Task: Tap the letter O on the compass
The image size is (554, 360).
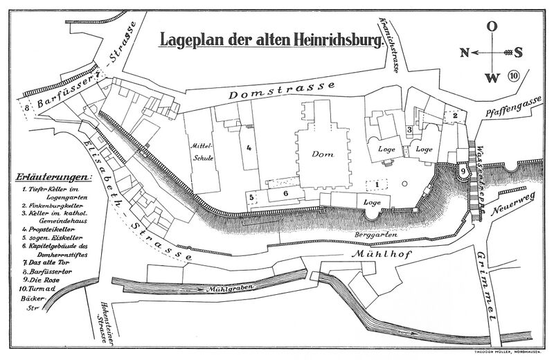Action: pos(491,27)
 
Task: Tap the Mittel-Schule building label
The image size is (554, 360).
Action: pos(204,152)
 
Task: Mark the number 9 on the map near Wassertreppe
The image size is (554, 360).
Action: pos(463,170)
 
